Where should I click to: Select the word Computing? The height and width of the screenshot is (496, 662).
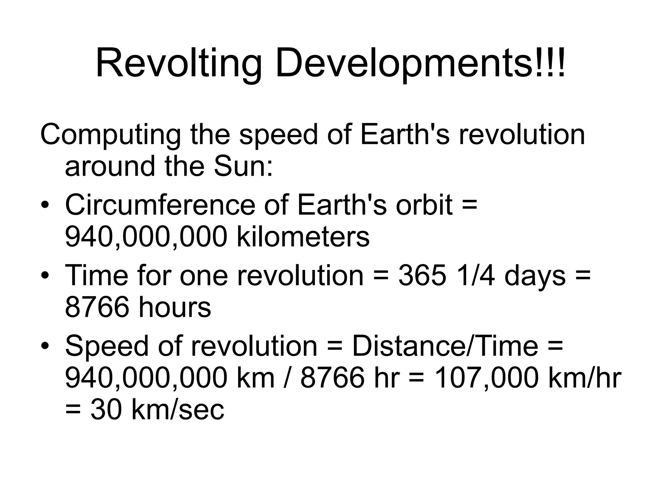[110, 135]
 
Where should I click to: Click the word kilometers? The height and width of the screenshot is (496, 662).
[303, 237]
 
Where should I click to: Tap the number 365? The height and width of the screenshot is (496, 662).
[422, 275]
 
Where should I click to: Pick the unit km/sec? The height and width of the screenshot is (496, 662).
[178, 409]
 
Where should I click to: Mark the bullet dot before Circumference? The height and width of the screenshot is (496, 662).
[45, 206]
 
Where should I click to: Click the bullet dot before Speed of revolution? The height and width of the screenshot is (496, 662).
[45, 346]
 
